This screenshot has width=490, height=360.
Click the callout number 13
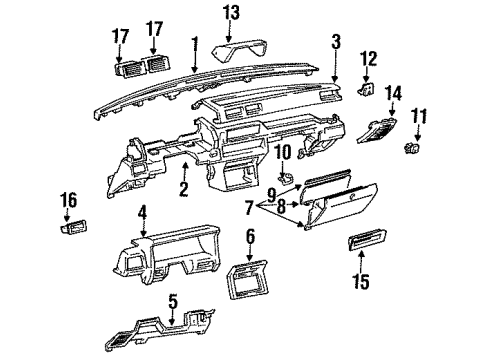tap(231, 13)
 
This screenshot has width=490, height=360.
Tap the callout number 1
tap(195, 45)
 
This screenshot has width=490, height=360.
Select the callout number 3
tap(336, 42)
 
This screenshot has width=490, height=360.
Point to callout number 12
tap(368, 59)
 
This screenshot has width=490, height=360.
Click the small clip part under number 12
tap(366, 89)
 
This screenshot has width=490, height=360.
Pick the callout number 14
tap(393, 94)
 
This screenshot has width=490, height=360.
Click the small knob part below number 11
tap(412, 147)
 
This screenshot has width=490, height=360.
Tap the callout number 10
tap(283, 152)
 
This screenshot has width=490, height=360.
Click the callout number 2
tap(184, 188)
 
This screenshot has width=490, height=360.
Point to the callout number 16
tap(68, 200)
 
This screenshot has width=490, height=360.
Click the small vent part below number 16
tap(74, 227)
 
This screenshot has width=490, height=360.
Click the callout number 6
tap(250, 236)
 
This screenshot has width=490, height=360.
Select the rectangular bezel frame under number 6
tap(248, 279)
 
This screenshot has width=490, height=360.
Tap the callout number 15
tap(362, 282)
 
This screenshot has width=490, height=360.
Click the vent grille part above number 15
tap(367, 240)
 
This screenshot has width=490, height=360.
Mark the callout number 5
tap(173, 302)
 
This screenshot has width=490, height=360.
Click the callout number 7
tap(249, 208)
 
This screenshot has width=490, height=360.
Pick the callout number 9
tap(272, 195)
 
